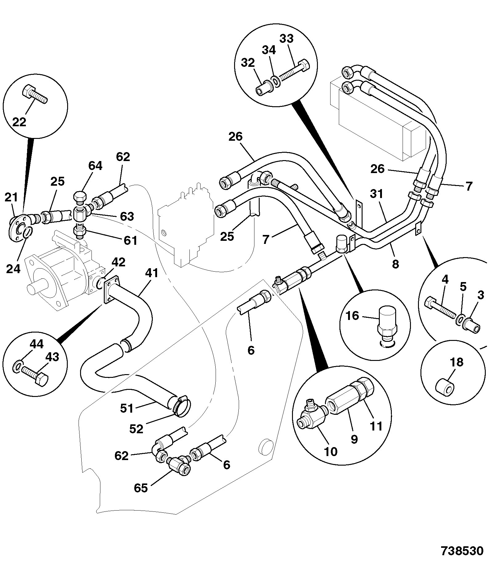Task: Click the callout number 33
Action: point(286,39)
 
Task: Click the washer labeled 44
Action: point(18,367)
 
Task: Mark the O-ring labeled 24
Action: point(27,232)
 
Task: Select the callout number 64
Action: point(95,166)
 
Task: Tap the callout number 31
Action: point(376,194)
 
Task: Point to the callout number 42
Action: point(118,262)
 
